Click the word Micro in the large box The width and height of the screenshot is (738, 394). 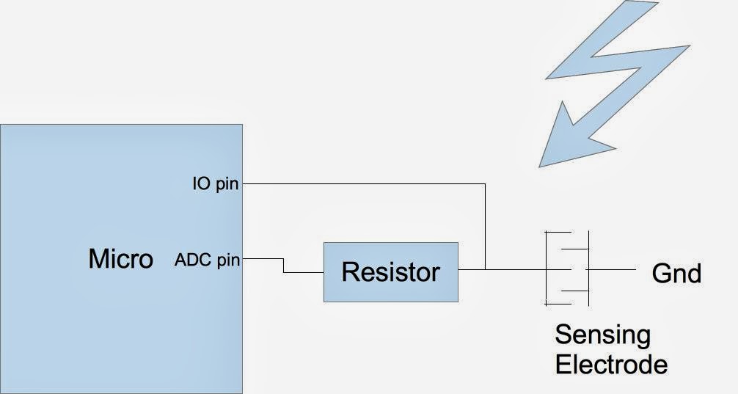tap(120, 259)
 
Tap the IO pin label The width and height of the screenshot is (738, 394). tap(216, 183)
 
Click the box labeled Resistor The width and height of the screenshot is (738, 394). tap(390, 271)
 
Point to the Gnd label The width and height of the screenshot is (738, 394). tap(676, 274)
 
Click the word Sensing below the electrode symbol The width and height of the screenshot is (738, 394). tap(602, 335)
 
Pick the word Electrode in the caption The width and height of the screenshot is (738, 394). tap(611, 364)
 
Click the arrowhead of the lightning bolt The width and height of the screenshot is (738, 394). tap(561, 136)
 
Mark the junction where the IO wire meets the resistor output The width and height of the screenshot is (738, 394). tap(485, 269)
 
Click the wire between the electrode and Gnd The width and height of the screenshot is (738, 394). tap(613, 269)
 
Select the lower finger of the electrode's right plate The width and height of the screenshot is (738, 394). tap(576, 290)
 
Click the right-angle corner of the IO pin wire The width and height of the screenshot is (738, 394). tap(485, 184)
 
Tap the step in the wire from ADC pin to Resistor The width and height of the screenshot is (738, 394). tap(284, 266)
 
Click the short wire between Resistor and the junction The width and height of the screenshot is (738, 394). tap(471, 269)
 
